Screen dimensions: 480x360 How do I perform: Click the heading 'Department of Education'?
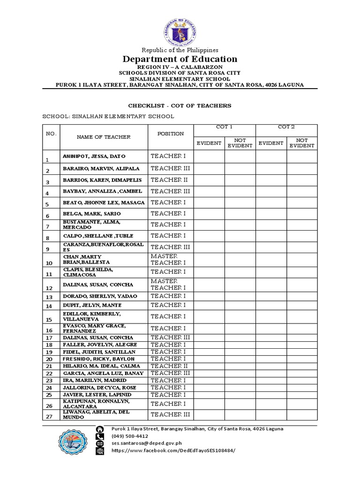[x=180, y=59]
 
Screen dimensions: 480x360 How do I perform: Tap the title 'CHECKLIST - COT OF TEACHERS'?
[x=180, y=105]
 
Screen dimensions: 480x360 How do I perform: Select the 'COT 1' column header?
[x=224, y=127]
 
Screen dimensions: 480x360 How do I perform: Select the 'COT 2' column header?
[x=286, y=127]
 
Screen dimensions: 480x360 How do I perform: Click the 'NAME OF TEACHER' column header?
[x=103, y=137]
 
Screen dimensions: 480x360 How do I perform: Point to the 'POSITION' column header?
[x=171, y=134]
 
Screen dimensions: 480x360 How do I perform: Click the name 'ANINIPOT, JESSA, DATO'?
[x=94, y=156]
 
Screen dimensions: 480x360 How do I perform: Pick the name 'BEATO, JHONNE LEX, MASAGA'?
[x=104, y=202]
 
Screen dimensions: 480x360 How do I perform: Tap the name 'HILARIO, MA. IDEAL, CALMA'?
[x=98, y=366]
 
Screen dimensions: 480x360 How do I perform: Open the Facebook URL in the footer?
[x=172, y=450]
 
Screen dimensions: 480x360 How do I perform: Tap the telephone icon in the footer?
[x=100, y=436]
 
